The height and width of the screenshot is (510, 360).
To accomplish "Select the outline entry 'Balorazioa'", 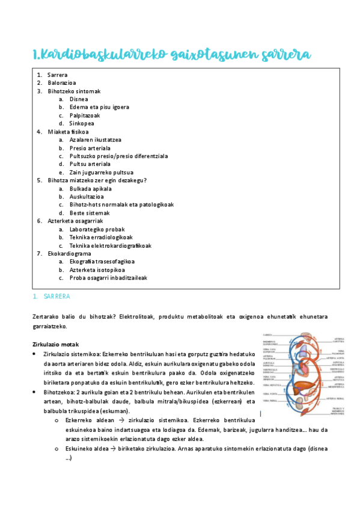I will point(62,83).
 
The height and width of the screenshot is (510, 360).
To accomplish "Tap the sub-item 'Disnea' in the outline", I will point(79,99).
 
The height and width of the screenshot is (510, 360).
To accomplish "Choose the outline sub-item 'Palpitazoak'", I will point(85,115).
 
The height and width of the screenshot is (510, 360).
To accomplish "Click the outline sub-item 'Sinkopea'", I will point(82,123).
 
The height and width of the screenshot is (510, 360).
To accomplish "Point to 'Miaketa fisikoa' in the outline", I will point(69,132).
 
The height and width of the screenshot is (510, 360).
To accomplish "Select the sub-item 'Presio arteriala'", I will point(90,148).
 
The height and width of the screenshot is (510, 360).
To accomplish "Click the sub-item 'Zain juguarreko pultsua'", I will point(100,172).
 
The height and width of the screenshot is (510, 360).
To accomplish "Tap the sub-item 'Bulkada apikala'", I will point(91,188).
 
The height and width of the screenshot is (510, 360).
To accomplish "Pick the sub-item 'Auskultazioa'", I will point(87,197).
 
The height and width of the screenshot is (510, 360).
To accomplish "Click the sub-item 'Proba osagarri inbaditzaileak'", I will point(108,278).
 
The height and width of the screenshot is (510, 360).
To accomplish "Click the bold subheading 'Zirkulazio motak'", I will point(55,344).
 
